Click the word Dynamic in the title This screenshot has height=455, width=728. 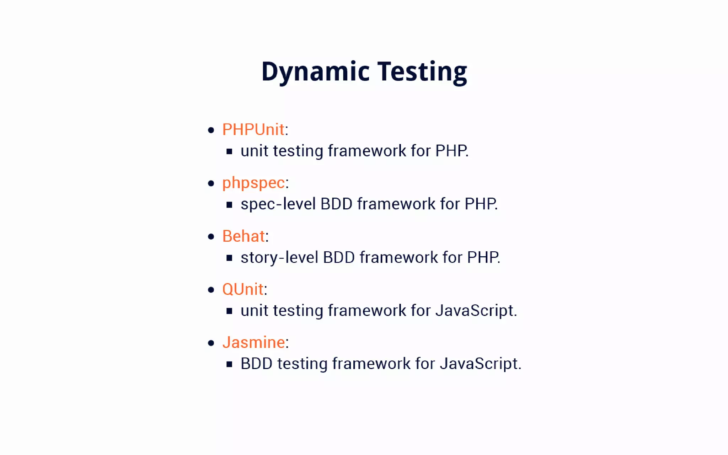pos(315,72)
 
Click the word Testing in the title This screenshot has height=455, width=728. pos(422,72)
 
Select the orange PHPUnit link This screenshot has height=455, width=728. pos(253,129)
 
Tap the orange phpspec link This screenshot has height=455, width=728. pos(253,183)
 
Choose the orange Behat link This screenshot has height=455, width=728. pos(243,236)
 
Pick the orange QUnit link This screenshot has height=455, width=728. pos(243,289)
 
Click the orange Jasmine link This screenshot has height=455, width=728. pos(253,342)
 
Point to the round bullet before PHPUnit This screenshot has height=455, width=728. pos(211,130)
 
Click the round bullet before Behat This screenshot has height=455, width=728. pos(211,237)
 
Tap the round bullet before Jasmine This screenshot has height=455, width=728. pos(211,343)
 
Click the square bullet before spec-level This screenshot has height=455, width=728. pos(229,205)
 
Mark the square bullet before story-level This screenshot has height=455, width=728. pos(229,258)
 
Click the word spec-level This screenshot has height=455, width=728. pos(278,204)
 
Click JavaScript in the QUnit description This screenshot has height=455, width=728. pos(476,310)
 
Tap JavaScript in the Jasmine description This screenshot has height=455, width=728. pos(480,364)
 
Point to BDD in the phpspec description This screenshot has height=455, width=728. pos(336,204)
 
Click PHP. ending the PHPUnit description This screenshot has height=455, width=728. pos(451,151)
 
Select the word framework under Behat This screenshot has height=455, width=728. pos(398,257)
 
